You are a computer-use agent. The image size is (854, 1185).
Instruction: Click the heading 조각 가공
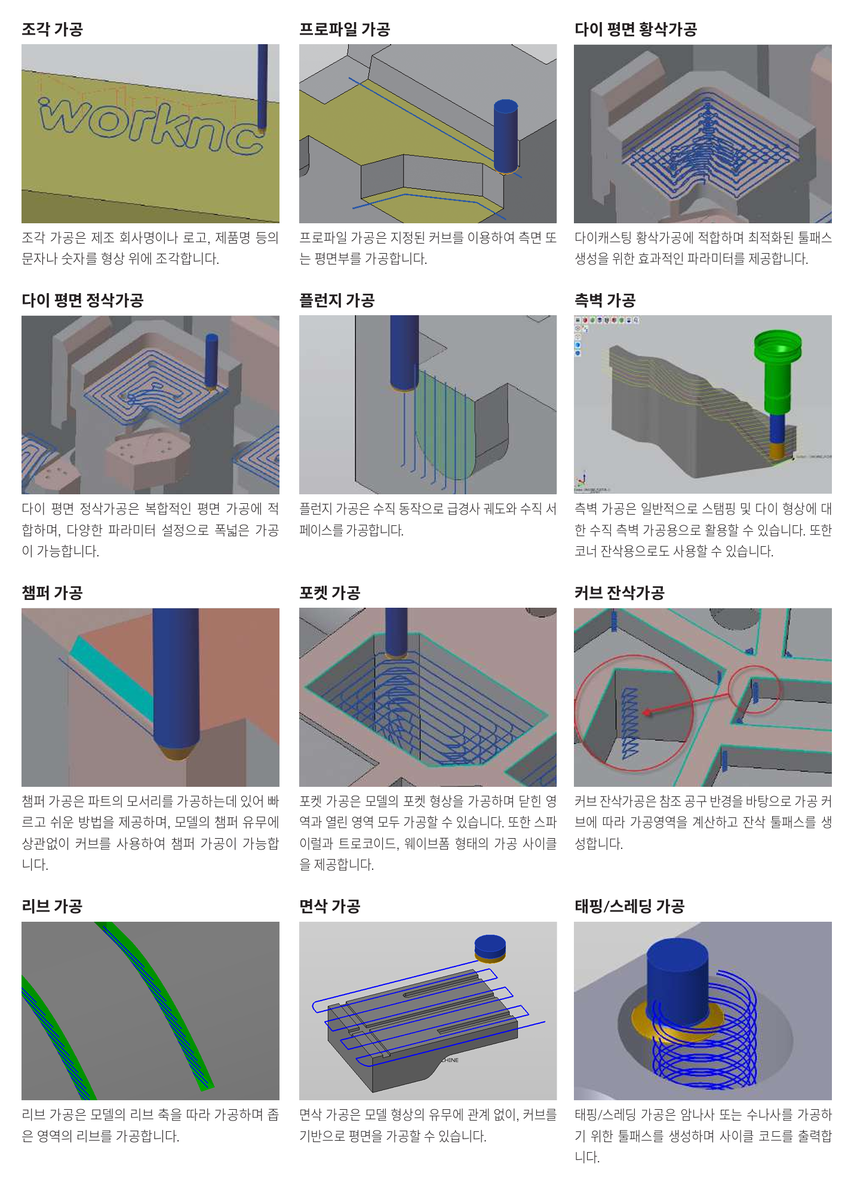pos(52,29)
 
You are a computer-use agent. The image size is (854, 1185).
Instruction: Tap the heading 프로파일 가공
pos(344,29)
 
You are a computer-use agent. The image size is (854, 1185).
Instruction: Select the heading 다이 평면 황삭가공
pos(635,29)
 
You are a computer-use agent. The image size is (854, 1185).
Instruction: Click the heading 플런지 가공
pos(336,300)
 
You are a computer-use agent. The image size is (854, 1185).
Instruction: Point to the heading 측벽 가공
pos(604,300)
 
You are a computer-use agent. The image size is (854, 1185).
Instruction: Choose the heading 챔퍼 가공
pos(52,592)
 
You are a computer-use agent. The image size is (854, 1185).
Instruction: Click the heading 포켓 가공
pos(330,592)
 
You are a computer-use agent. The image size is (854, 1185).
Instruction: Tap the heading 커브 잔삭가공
pos(619,592)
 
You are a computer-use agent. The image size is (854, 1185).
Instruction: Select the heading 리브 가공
pos(52,906)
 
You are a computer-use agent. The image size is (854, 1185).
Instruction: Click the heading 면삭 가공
pos(330,906)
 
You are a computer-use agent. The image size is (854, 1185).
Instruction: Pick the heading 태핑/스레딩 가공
pos(629,906)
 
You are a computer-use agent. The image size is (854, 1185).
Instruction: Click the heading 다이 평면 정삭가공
pos(82,300)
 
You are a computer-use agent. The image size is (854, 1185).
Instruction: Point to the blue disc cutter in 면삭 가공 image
pos(490,946)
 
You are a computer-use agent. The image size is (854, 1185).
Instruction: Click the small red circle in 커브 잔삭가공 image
pos(755,690)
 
